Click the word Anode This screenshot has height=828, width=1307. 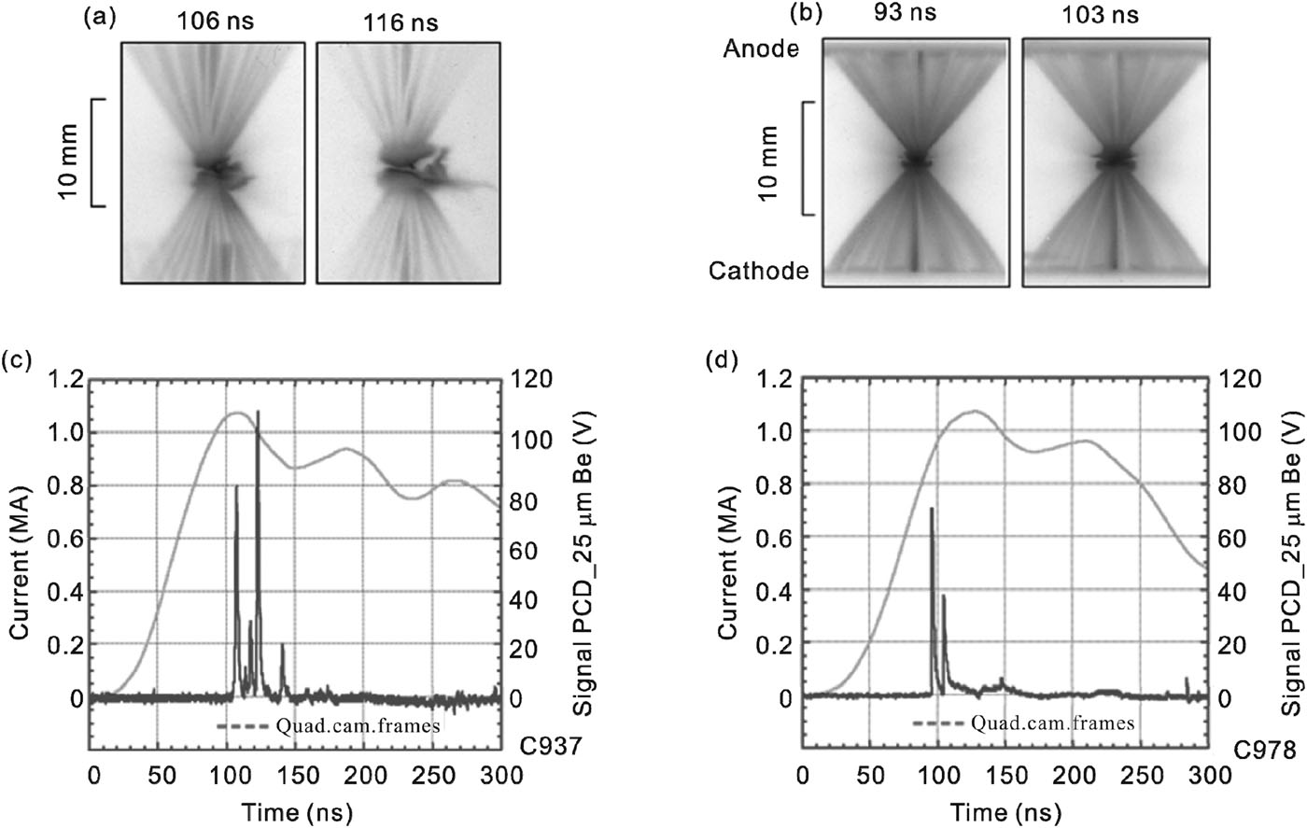click(761, 49)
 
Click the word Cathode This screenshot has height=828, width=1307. click(758, 271)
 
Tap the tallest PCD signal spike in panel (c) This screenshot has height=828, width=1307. click(258, 413)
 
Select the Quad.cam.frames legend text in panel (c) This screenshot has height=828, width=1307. click(356, 724)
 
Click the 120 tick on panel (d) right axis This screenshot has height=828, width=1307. click(1240, 379)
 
